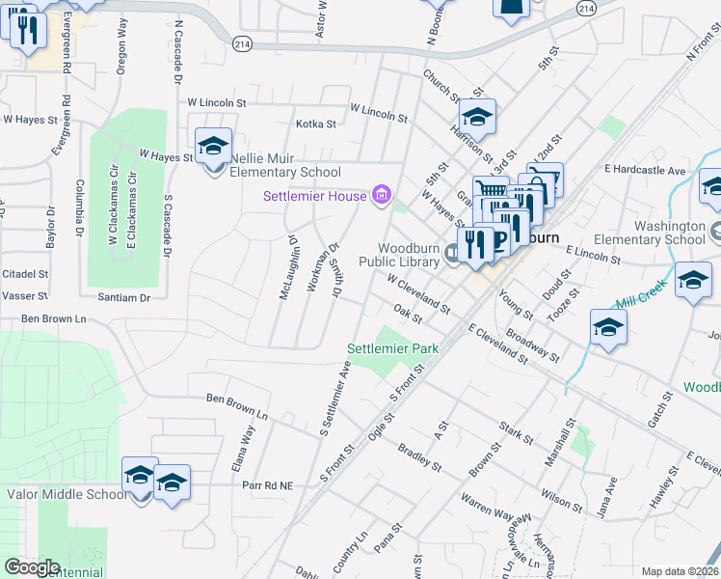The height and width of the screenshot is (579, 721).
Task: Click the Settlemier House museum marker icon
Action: (x=381, y=197)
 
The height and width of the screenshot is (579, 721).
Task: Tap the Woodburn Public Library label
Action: (x=401, y=254)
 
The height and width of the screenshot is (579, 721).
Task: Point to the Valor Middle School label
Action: (x=67, y=494)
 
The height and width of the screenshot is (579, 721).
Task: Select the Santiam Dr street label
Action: (x=124, y=298)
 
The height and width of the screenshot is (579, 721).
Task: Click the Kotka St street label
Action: (x=316, y=124)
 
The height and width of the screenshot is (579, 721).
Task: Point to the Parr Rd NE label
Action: (x=267, y=485)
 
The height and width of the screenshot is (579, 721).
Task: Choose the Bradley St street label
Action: (x=419, y=458)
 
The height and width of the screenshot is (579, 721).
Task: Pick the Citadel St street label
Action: (x=25, y=274)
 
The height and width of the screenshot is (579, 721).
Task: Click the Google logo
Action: (x=32, y=567)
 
